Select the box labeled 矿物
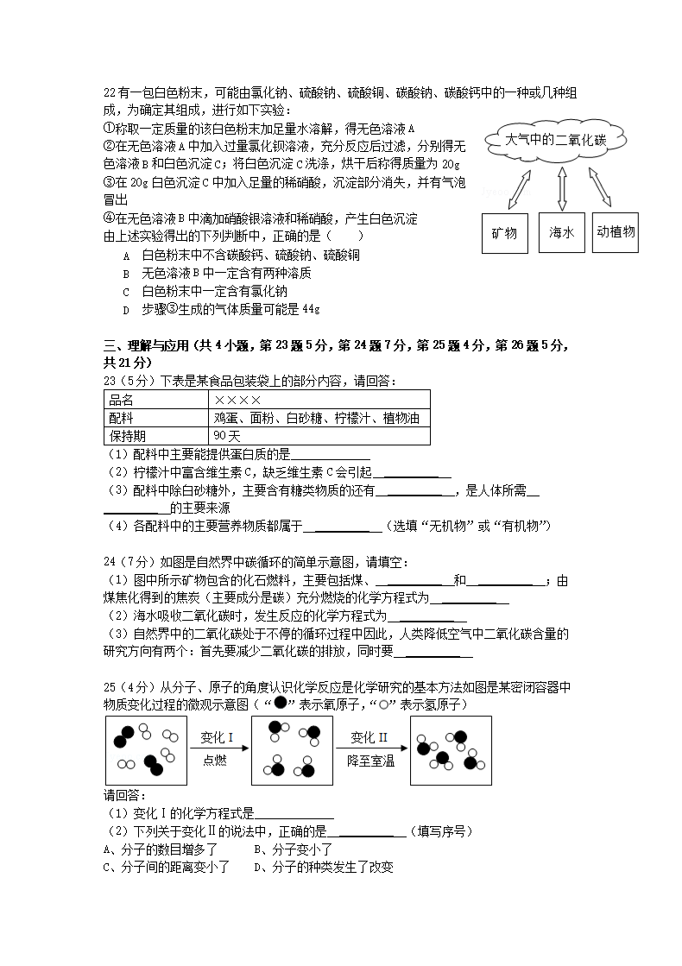tap(504, 233)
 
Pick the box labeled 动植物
tap(615, 232)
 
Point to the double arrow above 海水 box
tap(563, 189)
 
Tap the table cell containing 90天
tap(227, 436)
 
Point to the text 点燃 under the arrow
tap(215, 761)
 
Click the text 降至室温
tap(370, 761)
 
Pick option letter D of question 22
tap(125, 309)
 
